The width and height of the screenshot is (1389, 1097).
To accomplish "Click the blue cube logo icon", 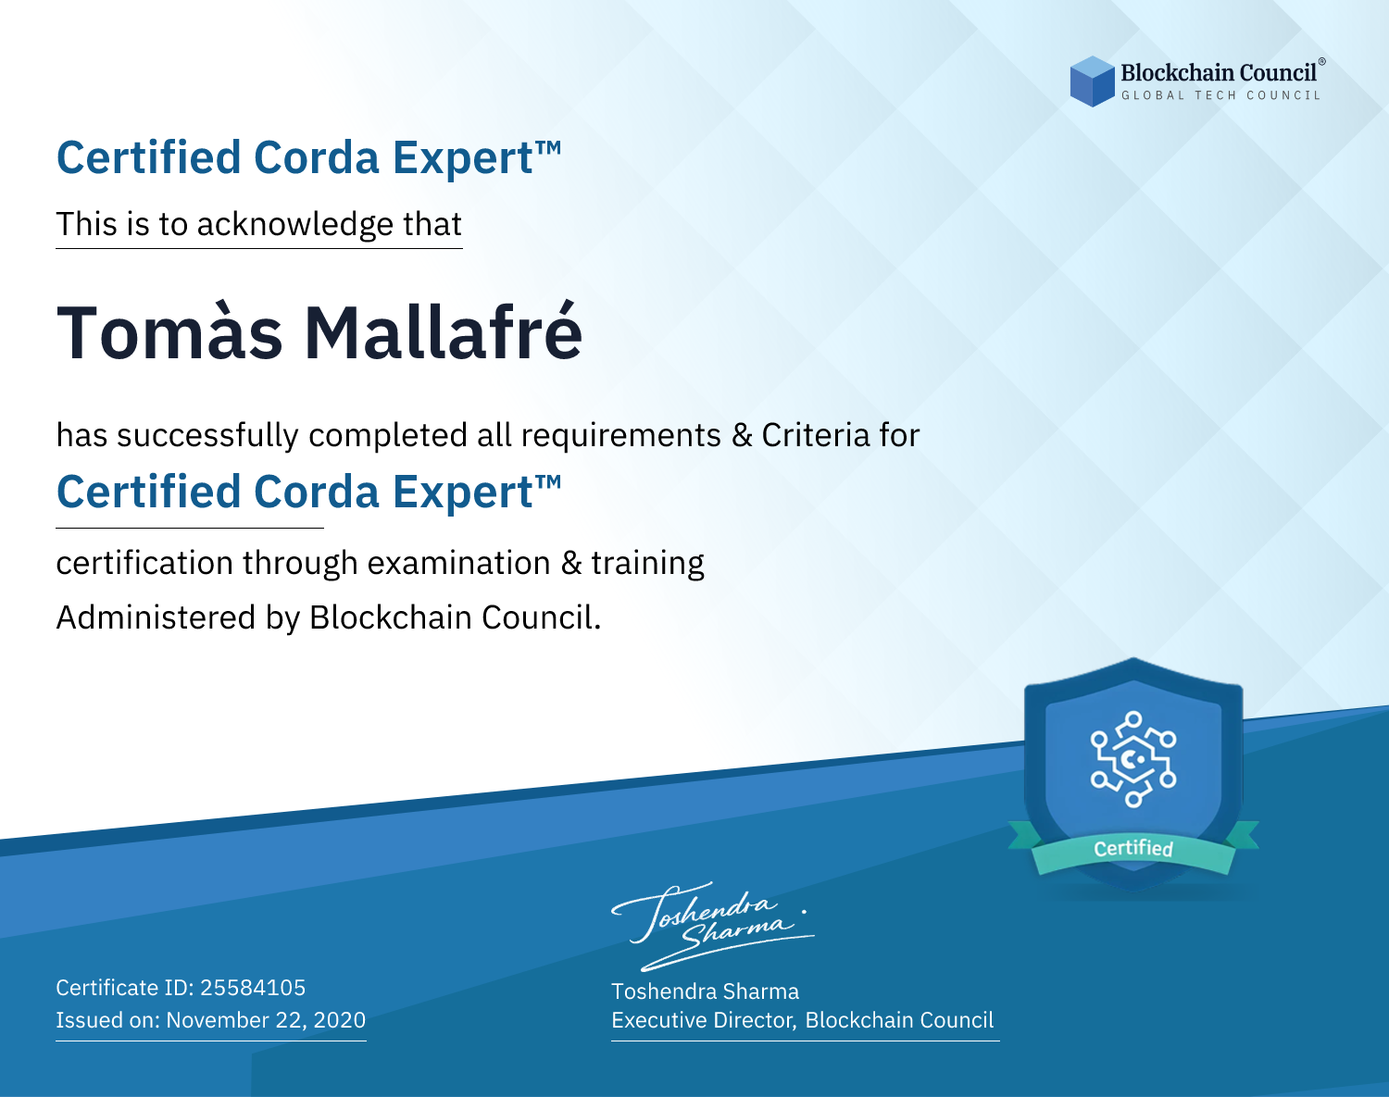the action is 1092,81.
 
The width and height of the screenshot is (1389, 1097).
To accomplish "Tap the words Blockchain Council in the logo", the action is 1219,73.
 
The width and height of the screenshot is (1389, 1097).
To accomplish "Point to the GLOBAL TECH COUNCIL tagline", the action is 1221,95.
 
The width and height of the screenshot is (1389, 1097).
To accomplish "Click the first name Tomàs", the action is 169,332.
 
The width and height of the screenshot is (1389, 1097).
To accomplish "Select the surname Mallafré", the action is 444,332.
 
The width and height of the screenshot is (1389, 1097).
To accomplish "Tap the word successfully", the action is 207,436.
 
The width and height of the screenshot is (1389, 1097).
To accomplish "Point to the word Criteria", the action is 815,435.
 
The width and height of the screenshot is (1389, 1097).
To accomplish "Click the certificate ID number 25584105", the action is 253,987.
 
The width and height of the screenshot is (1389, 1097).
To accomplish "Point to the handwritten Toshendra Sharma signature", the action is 713,926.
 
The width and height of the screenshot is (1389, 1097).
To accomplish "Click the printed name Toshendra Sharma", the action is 706,991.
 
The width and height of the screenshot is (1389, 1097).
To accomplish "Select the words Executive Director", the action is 703,1019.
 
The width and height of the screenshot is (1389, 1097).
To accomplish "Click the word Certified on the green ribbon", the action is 1133,848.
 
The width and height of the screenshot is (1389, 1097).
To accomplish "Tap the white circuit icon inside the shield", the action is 1133,759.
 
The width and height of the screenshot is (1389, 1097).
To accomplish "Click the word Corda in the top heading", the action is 317,157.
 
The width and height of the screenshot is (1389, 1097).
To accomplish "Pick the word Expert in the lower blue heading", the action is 463,493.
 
